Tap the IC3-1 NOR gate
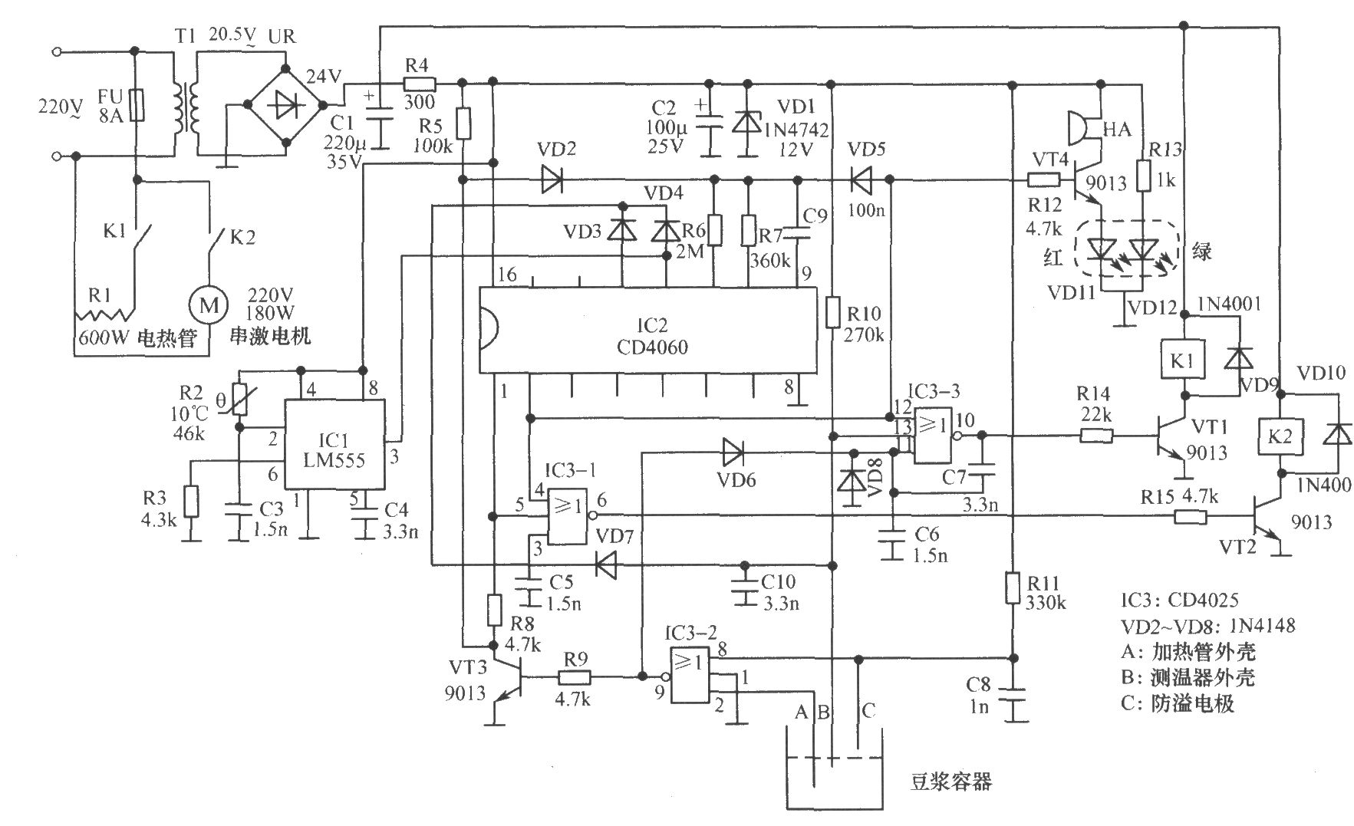[x=568, y=516]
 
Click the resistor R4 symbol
[x=420, y=84]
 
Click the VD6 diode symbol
[x=733, y=452]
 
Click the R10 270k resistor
[x=833, y=314]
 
